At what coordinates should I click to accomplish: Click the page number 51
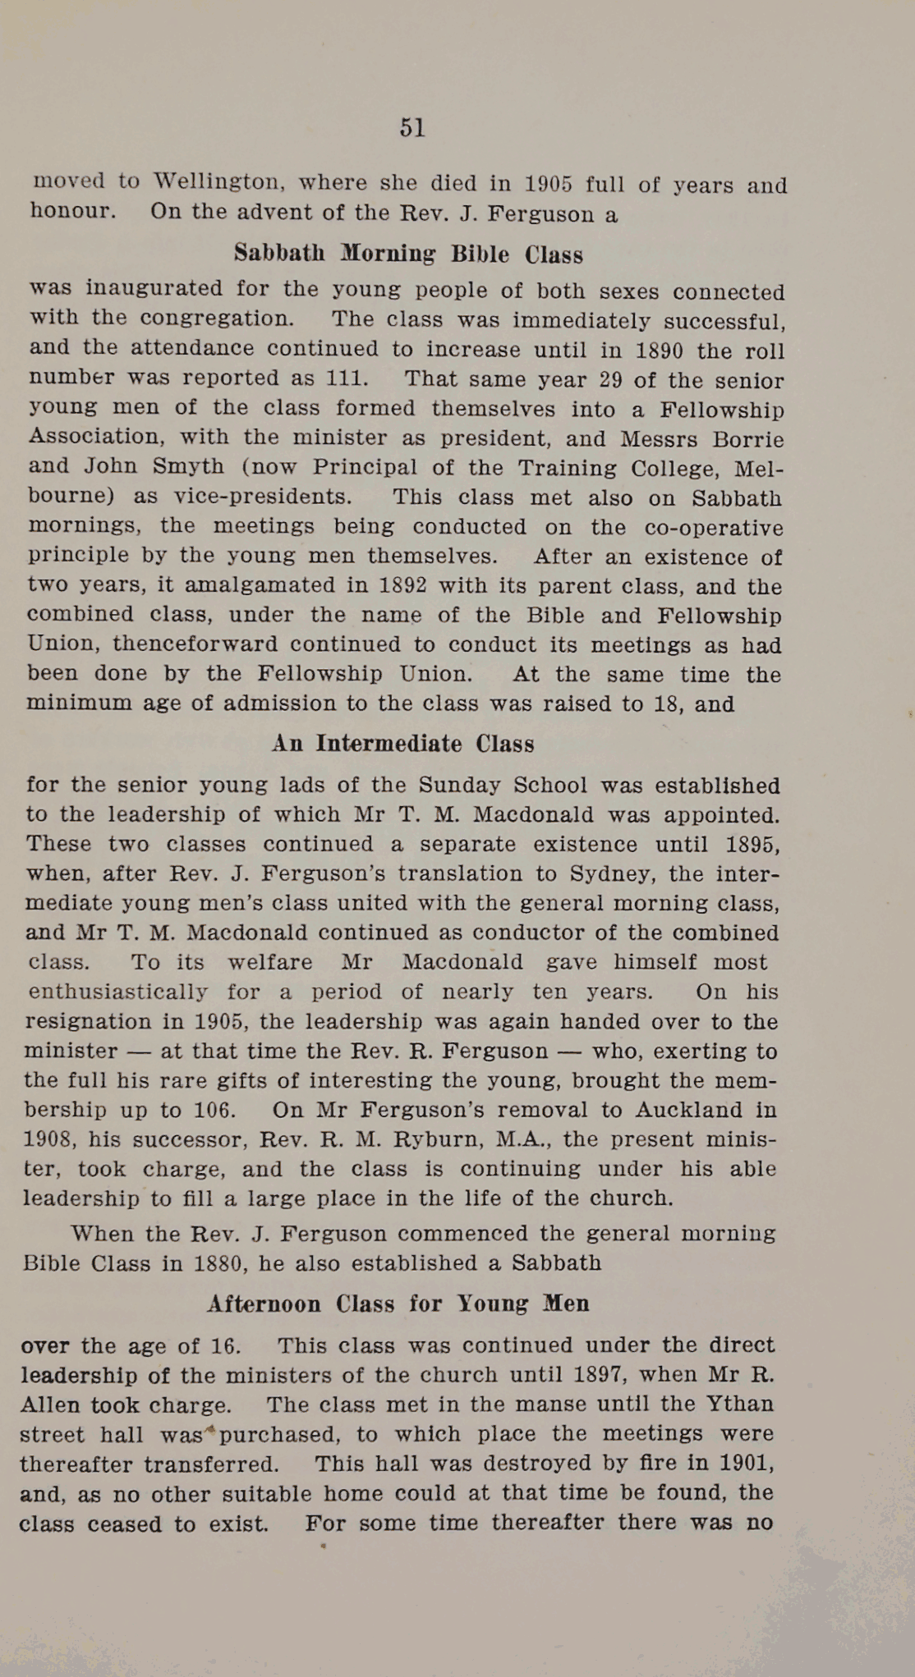click(412, 127)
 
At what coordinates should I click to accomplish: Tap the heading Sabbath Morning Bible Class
click(408, 254)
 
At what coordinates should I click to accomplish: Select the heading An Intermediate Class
click(402, 744)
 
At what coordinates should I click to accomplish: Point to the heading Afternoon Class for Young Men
click(398, 1304)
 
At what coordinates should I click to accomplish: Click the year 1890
click(659, 351)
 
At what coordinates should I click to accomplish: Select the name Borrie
click(747, 439)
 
